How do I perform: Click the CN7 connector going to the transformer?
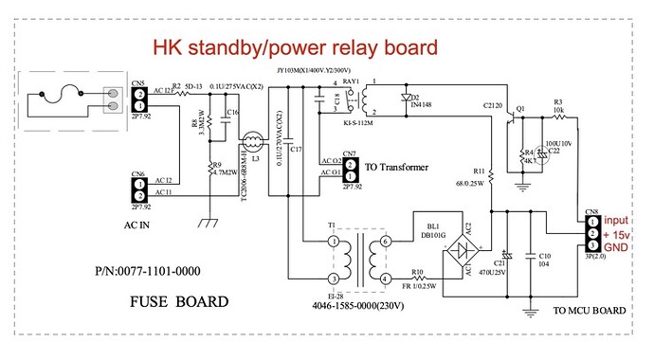tap(350, 171)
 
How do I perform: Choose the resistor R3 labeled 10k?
tap(558, 112)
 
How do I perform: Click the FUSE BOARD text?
tap(178, 303)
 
